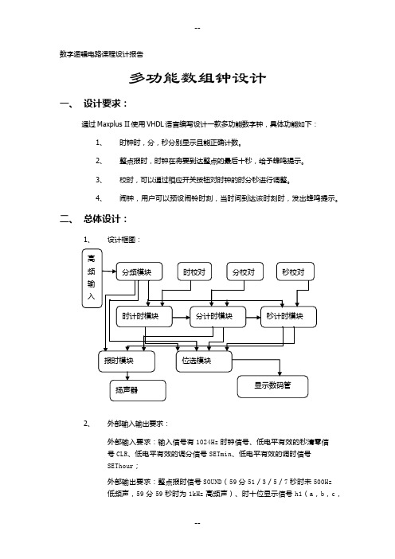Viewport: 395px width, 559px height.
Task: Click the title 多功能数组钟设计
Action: point(197,78)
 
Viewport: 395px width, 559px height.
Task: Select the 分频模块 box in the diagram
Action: point(139,272)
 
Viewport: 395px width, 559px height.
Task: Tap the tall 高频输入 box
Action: point(92,278)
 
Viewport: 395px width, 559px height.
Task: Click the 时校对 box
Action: point(194,272)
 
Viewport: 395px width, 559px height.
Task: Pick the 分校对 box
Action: point(245,272)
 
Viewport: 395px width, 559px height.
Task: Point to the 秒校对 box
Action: point(295,272)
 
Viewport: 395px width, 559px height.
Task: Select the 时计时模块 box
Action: point(144,317)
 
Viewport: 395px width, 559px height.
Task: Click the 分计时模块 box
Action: point(217,317)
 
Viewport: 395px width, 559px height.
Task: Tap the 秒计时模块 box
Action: point(288,317)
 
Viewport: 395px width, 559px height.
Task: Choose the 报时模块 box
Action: point(127,362)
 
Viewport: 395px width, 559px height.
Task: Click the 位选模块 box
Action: point(204,362)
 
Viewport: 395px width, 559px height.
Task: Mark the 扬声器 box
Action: point(138,390)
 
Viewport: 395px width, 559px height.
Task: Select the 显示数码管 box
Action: point(272,386)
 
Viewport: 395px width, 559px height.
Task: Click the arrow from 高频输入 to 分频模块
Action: point(109,272)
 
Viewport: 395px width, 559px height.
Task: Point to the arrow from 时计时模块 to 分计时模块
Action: point(181,317)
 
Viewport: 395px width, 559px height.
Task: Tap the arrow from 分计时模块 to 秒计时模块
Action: point(253,317)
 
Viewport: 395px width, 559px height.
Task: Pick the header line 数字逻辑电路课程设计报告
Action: point(102,54)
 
